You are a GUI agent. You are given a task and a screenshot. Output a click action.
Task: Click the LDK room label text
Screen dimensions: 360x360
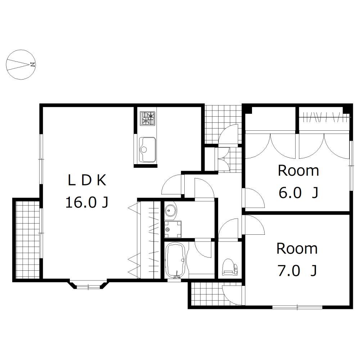point(87,180)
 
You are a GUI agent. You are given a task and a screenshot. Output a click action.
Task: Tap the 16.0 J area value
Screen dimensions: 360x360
point(87,202)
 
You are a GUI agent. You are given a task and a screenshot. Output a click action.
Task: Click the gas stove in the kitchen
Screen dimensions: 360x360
point(147,118)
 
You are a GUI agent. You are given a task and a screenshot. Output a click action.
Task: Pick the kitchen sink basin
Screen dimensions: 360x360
point(147,149)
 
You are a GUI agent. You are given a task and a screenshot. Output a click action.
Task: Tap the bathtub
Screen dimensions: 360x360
point(175,260)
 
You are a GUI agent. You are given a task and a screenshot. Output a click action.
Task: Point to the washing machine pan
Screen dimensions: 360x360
point(173,229)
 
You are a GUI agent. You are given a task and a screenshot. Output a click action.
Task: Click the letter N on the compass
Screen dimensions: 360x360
point(32,64)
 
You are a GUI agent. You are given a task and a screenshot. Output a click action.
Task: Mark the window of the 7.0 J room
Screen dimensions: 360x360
point(297,307)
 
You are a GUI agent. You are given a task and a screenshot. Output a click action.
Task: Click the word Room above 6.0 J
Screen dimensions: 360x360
point(298,171)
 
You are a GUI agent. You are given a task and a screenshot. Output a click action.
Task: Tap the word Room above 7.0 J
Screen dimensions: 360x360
point(297,249)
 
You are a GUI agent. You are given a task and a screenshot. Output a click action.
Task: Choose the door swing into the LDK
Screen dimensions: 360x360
point(172,185)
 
